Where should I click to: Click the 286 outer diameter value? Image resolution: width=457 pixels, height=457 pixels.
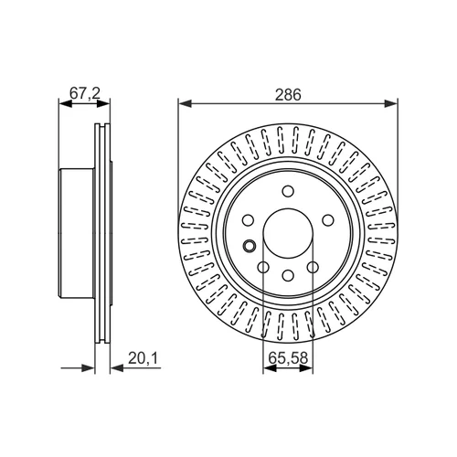tap(288, 94)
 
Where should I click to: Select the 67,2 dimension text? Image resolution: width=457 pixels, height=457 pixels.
tap(84, 93)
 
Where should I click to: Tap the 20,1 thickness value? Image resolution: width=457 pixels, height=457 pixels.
tap(143, 358)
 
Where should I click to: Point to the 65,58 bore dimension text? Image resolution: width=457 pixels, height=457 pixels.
tap(288, 358)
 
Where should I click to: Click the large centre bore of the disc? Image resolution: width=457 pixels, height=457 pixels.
tap(288, 233)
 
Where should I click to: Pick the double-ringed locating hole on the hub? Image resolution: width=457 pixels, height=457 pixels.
tap(250, 245)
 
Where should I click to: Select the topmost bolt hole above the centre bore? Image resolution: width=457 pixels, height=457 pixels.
tap(288, 191)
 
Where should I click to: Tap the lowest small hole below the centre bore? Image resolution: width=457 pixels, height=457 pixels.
tap(288, 275)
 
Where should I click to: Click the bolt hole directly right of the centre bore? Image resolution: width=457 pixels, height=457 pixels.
tap(328, 220)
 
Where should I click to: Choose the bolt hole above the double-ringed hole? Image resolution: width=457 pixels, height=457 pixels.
tap(249, 220)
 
